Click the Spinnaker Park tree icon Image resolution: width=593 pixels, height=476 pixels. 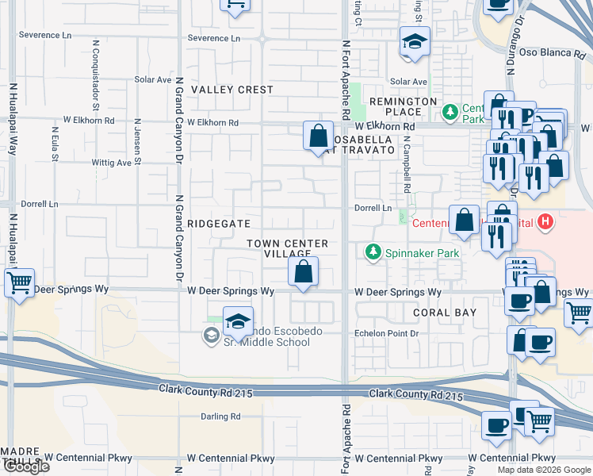tap(373, 252)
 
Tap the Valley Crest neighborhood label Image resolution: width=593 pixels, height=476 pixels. tap(232, 90)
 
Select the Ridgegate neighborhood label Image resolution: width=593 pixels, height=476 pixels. tap(220, 225)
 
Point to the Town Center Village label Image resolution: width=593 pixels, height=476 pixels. tap(287, 248)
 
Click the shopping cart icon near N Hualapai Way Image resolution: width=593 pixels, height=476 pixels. tap(20, 282)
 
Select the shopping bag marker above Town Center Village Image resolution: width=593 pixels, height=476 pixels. tap(304, 272)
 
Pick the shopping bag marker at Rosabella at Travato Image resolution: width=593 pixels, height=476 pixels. tap(318, 136)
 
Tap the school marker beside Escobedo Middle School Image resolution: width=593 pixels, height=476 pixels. tap(238, 322)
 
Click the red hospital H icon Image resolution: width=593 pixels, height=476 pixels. tap(544, 222)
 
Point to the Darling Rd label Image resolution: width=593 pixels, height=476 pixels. tap(220, 416)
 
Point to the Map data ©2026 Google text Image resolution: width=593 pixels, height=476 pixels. tap(543, 470)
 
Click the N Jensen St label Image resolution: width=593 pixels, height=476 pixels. tap(137, 144)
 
